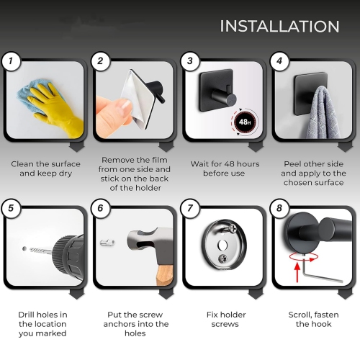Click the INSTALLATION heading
click(x=279, y=26)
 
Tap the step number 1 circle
click(x=11, y=61)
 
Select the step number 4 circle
click(x=279, y=61)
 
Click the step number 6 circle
click(x=100, y=208)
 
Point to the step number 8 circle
click(x=279, y=208)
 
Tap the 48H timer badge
click(x=244, y=122)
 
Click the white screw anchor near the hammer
click(x=107, y=242)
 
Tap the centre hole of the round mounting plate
click(x=222, y=245)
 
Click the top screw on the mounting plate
click(x=233, y=228)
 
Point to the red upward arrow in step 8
click(x=297, y=272)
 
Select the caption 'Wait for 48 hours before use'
click(x=225, y=168)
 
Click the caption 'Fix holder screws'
click(x=226, y=319)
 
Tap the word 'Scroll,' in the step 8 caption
click(x=300, y=315)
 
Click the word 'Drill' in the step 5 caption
click(x=26, y=315)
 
